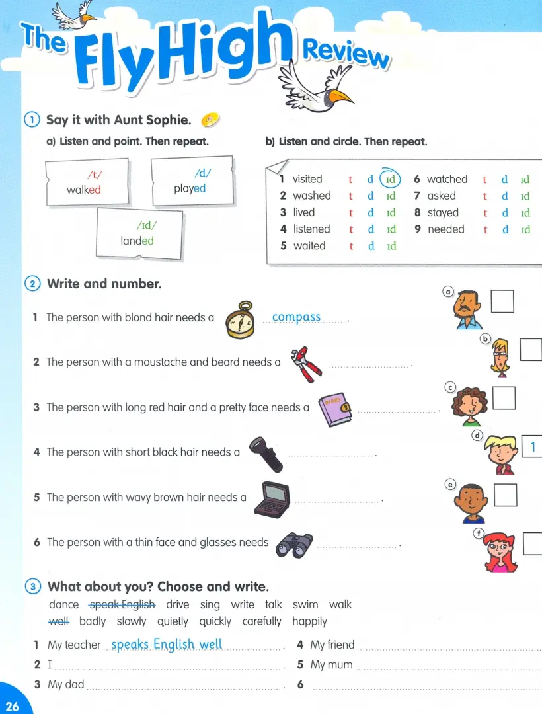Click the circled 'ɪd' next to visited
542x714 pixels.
point(390,179)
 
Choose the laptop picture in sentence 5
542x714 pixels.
point(272,496)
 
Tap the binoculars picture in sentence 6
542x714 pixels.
point(293,543)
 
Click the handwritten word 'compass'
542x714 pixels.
point(296,317)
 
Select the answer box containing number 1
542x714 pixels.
point(531,448)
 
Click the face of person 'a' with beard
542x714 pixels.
point(469,307)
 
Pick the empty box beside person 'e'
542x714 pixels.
point(505,495)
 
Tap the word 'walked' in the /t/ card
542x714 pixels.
point(83,190)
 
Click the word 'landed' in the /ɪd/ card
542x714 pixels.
point(137,241)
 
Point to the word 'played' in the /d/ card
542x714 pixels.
point(190,188)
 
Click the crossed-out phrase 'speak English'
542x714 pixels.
point(122,604)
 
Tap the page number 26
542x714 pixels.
point(12,706)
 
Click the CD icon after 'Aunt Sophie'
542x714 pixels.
point(210,120)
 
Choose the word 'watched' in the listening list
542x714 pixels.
point(447,179)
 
